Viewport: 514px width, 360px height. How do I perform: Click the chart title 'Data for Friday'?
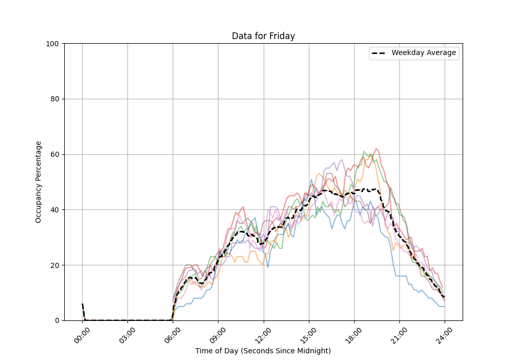pyautogui.click(x=263, y=36)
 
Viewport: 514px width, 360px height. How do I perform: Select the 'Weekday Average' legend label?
pyautogui.click(x=424, y=53)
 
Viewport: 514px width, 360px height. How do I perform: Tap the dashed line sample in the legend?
pyautogui.click(x=380, y=53)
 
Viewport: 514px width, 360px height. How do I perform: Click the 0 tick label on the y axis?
pyautogui.click(x=57, y=320)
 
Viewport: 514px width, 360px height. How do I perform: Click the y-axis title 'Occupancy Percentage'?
pyautogui.click(x=39, y=182)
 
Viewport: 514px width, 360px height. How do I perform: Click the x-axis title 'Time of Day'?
pyautogui.click(x=263, y=351)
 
